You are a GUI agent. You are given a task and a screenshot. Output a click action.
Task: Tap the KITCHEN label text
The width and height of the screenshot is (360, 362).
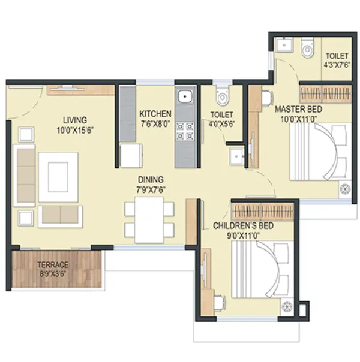click(x=155, y=114)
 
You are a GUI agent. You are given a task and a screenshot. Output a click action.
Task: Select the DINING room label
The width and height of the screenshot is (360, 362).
click(x=150, y=179)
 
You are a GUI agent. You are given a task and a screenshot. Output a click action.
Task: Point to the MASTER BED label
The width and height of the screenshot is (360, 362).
click(x=298, y=109)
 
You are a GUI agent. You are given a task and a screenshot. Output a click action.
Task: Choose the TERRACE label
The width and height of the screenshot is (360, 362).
click(x=53, y=264)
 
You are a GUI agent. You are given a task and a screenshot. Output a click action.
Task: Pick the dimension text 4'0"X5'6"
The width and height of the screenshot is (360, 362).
click(x=222, y=124)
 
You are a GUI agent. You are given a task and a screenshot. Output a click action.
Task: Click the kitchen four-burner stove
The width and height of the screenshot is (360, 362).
click(x=185, y=131)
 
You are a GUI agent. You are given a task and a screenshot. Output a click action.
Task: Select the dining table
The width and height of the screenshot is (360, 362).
click(x=149, y=218)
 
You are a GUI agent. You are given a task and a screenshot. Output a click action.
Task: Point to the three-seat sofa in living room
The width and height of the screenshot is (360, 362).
click(x=25, y=173)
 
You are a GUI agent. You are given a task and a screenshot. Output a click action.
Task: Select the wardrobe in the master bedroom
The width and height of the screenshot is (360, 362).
click(x=324, y=93)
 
